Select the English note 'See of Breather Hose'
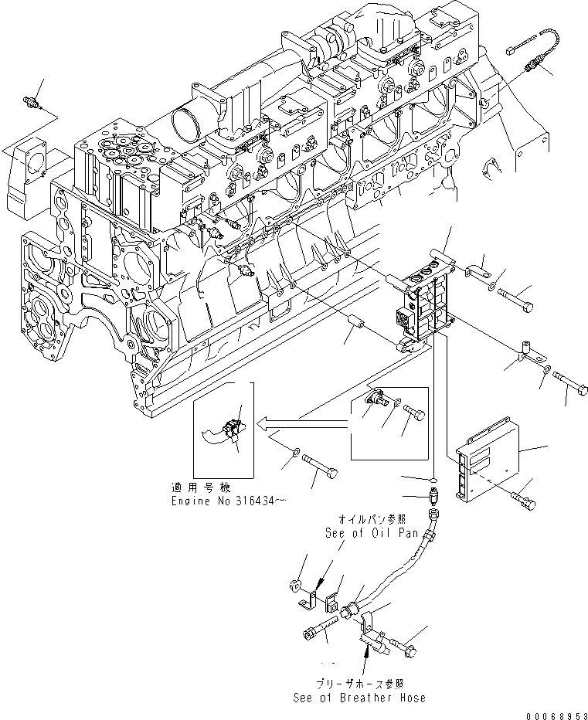(359, 698)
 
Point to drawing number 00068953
(550, 714)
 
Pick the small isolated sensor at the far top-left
(33, 104)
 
